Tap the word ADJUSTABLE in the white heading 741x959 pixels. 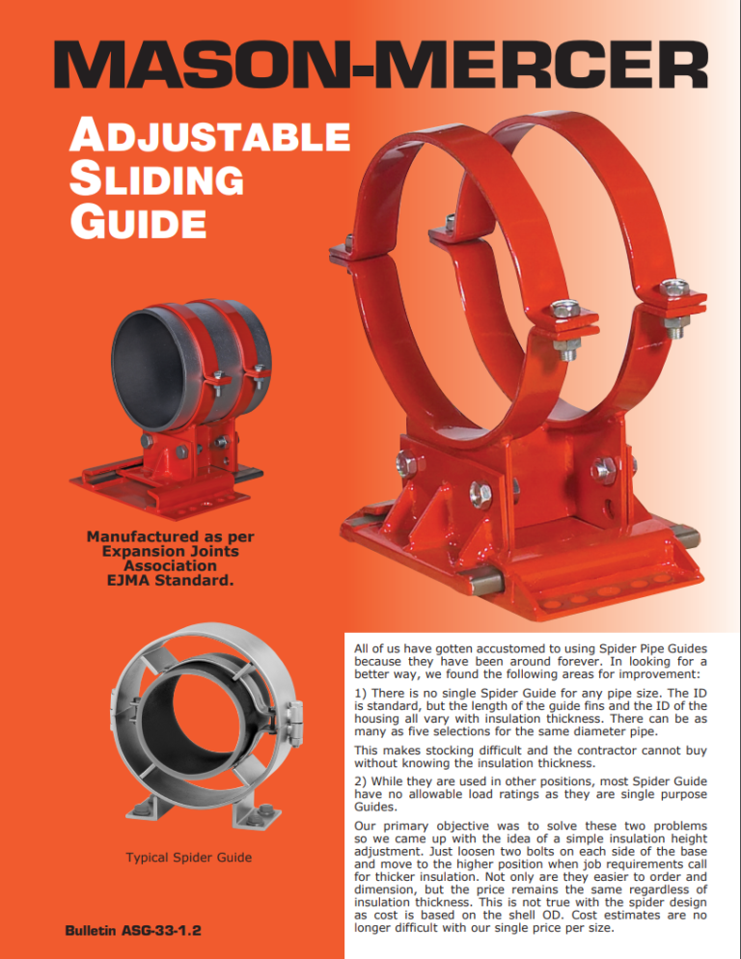click(209, 135)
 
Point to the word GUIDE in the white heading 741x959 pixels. click(138, 221)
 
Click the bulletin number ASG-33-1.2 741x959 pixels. click(161, 930)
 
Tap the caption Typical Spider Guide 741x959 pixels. click(189, 857)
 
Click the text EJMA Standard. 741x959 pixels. click(170, 581)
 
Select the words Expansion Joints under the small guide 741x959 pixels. click(170, 551)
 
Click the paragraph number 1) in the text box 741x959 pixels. click(361, 693)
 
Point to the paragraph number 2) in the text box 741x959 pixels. click(361, 781)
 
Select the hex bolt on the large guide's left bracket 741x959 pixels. click(406, 463)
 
